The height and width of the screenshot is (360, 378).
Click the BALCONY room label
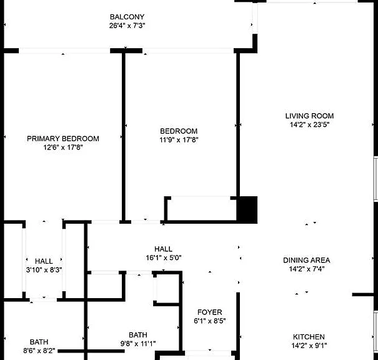tap(127, 17)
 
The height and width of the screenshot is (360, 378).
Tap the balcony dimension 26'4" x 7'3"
tap(127, 26)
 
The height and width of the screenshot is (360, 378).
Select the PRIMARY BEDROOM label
tap(63, 139)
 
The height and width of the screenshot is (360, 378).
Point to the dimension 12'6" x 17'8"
tap(63, 147)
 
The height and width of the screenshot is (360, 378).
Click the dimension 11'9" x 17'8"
tap(179, 140)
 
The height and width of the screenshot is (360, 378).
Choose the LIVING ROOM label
tap(309, 116)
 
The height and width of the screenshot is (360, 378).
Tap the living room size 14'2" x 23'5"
tap(309, 124)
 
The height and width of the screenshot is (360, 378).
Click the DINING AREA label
tap(307, 260)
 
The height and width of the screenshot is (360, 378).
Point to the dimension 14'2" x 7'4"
tap(307, 269)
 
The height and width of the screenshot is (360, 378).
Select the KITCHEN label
tap(309, 337)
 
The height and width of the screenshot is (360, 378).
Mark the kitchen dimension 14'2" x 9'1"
tap(309, 346)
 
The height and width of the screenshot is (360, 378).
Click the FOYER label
tap(210, 312)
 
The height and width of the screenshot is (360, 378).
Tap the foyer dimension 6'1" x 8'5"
tap(210, 321)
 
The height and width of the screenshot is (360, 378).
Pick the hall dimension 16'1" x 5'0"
tap(164, 257)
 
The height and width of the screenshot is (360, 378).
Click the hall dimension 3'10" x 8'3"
tap(44, 270)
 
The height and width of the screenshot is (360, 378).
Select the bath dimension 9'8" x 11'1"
tap(138, 344)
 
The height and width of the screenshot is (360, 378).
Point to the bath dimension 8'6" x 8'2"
tap(39, 351)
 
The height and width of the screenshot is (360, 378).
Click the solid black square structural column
tap(247, 210)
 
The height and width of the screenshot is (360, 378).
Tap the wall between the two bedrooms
tap(124, 136)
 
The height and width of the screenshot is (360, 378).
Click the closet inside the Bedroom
tap(202, 209)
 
